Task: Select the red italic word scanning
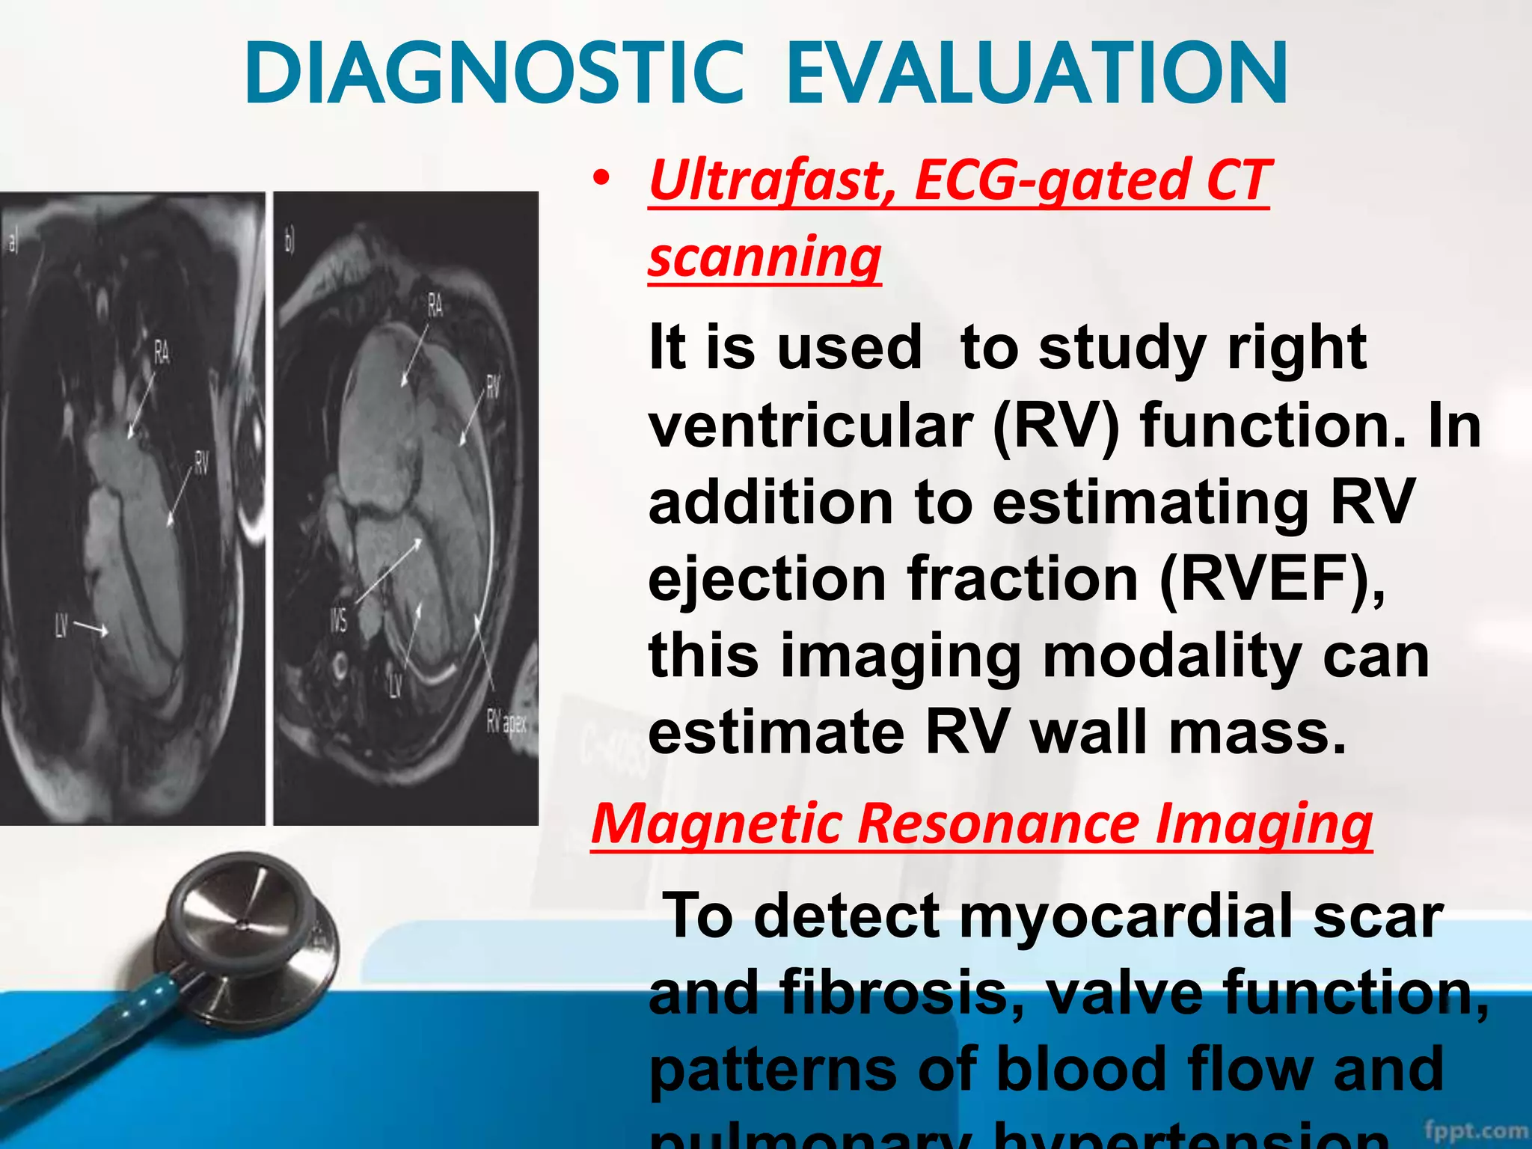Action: tap(765, 257)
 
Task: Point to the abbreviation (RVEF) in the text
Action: tap(1271, 580)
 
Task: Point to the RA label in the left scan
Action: tap(162, 352)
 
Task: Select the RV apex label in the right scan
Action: tap(506, 723)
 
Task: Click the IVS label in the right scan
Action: tap(338, 619)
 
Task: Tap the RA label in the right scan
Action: tap(435, 305)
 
